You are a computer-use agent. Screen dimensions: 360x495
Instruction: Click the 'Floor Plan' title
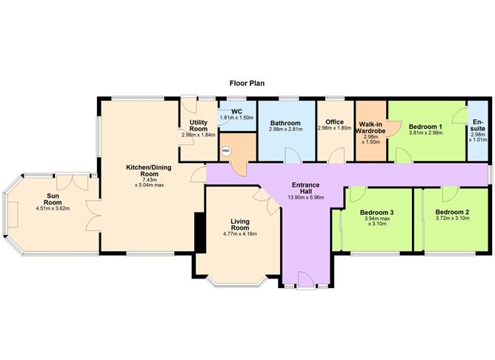[247, 84]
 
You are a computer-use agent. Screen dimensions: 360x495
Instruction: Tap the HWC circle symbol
[226, 150]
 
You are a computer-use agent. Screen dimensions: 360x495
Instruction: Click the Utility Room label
[198, 126]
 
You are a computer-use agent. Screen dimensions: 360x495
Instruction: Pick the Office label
[334, 121]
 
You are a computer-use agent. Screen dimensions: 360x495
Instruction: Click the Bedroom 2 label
[452, 212]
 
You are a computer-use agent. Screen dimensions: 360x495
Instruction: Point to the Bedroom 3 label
[379, 213]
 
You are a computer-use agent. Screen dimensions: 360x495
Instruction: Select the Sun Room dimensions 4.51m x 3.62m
[53, 208]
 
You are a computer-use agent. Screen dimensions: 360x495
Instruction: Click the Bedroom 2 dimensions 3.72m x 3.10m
[452, 219]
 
